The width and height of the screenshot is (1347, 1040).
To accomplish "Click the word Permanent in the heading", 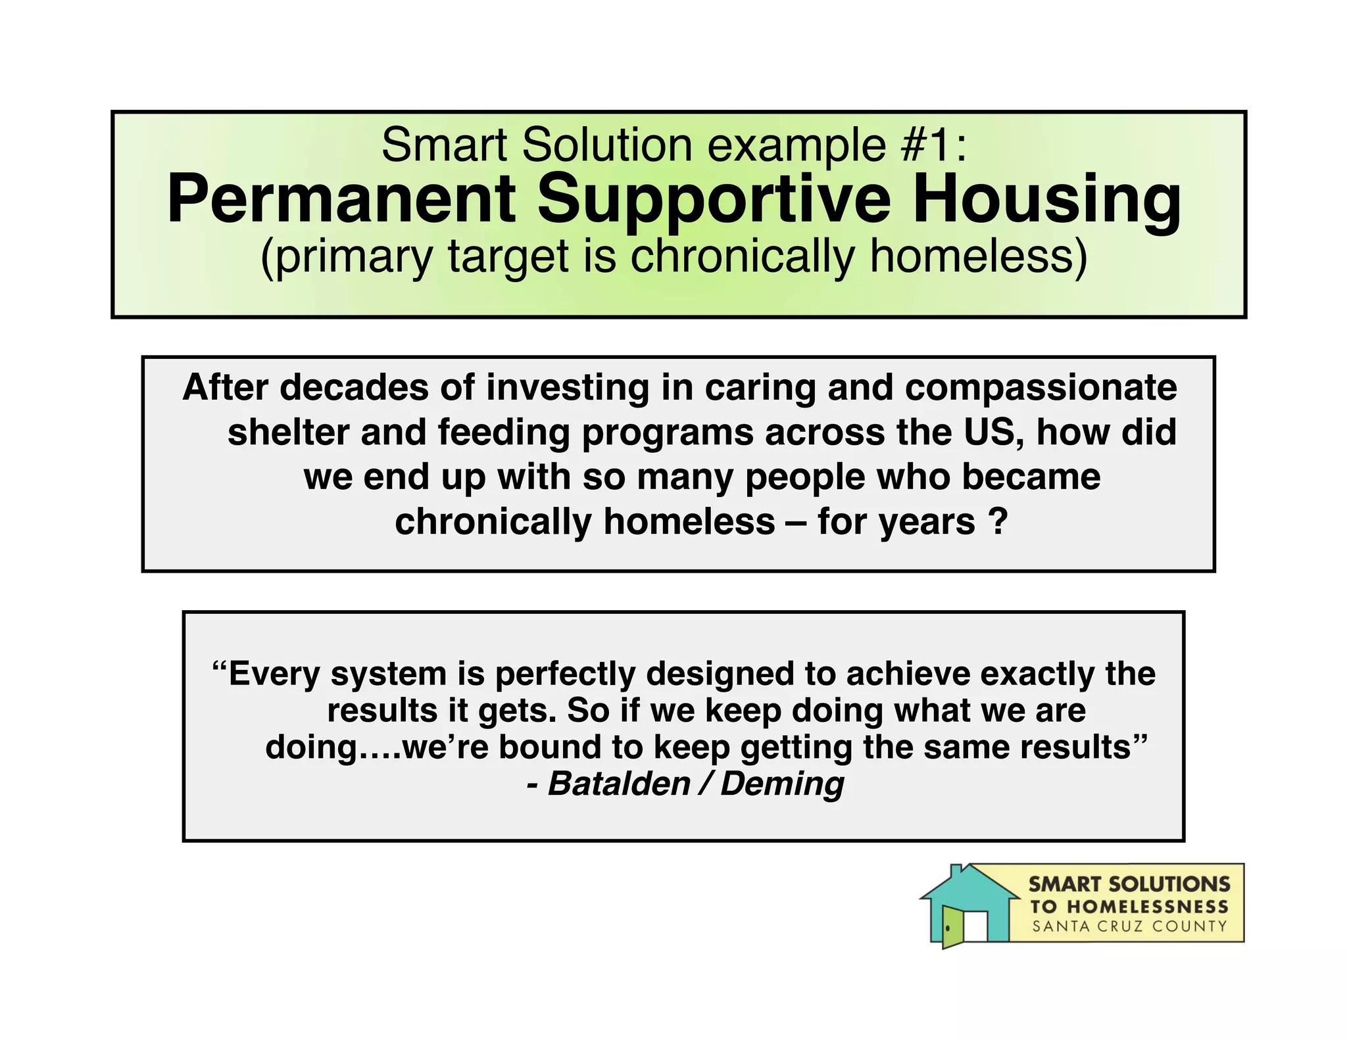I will pyautogui.click(x=342, y=201).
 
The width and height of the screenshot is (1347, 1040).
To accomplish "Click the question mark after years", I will pyautogui.click(x=997, y=522).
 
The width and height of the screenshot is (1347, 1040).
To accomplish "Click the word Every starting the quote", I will pyautogui.click(x=273, y=674).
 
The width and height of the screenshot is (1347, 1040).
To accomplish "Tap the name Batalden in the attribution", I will pyautogui.click(x=618, y=784).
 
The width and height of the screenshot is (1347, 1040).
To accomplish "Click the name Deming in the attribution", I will pyautogui.click(x=782, y=784).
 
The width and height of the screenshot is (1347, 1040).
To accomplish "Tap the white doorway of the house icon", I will pyautogui.click(x=975, y=926).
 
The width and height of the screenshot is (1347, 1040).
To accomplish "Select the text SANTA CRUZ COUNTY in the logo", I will pyautogui.click(x=1129, y=927).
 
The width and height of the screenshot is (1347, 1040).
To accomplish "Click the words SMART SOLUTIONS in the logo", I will pyautogui.click(x=1129, y=884).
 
